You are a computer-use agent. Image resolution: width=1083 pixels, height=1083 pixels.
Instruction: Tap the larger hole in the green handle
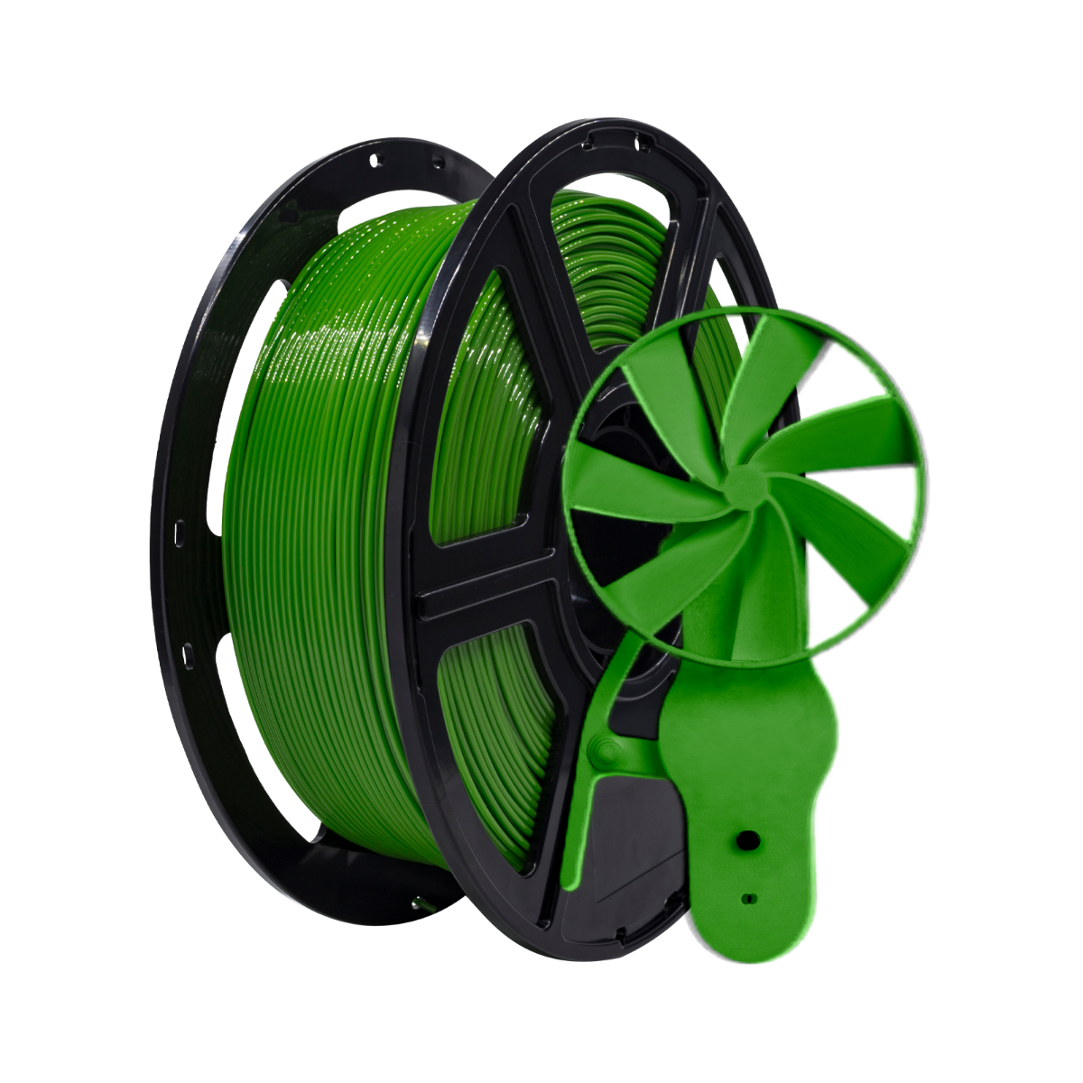pyautogui.click(x=745, y=838)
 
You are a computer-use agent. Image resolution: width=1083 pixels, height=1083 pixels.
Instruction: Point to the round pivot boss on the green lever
pyautogui.click(x=603, y=748)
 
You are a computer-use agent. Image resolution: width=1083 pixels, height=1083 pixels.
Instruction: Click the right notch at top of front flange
pyautogui.click(x=643, y=142)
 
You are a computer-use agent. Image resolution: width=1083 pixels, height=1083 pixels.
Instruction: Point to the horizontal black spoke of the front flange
pyautogui.click(x=487, y=587)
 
